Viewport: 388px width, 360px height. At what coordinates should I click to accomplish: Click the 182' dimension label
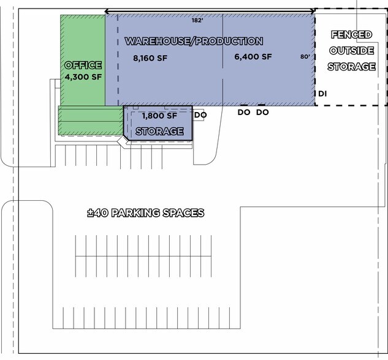point(197,20)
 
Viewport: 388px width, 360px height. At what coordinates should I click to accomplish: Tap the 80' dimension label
point(305,57)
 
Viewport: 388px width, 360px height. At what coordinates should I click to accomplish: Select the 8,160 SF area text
point(150,58)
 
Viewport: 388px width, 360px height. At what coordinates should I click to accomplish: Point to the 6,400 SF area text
point(253,57)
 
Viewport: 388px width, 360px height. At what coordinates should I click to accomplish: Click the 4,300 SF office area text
point(83,77)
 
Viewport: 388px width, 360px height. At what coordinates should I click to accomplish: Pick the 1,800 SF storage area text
point(159,116)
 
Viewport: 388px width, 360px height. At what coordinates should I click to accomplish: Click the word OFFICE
point(83,66)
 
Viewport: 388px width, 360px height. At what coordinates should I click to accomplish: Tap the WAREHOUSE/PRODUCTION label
point(194,41)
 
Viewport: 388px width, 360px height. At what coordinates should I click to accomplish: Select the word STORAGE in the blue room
point(159,131)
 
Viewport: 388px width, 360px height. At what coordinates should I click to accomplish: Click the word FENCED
point(351,34)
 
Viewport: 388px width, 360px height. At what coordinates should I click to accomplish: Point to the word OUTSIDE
point(351,51)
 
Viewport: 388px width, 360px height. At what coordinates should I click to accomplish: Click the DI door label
point(322,94)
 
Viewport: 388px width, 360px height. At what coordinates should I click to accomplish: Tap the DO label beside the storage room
point(200,115)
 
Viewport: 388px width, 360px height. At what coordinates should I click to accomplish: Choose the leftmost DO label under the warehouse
point(244,113)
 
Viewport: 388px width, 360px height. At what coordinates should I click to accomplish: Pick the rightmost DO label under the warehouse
point(262,113)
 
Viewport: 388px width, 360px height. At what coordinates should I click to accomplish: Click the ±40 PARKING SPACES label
point(146,213)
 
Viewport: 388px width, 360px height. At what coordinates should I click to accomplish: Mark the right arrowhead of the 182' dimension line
point(313,11)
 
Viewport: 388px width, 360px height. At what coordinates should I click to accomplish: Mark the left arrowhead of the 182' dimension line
point(107,11)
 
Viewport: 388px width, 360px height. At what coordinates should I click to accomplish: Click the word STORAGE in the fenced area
point(352,67)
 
